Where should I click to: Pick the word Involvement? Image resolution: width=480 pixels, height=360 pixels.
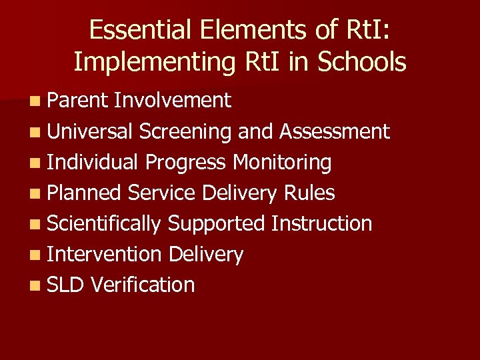click(x=173, y=101)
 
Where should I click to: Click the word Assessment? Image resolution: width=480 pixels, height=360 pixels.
click(x=335, y=131)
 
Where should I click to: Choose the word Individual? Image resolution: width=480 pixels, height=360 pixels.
click(x=93, y=162)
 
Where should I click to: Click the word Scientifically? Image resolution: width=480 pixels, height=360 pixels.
click(x=104, y=223)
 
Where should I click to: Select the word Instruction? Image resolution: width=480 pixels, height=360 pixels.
click(x=322, y=223)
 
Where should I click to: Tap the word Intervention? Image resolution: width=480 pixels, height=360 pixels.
click(x=104, y=254)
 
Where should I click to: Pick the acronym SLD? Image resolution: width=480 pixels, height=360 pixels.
click(x=66, y=285)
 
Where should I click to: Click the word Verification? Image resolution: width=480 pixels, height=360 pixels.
click(x=143, y=285)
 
